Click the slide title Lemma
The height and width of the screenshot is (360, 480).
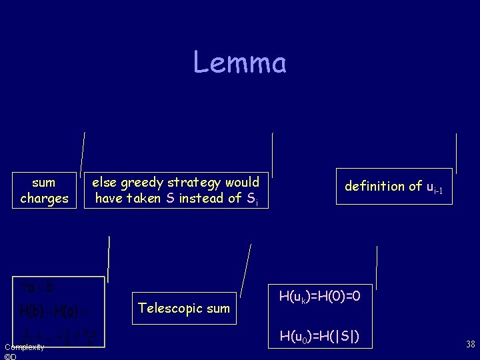tap(240, 63)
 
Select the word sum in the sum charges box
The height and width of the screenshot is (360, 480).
tap(44, 182)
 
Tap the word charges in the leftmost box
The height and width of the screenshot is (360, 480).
tap(44, 198)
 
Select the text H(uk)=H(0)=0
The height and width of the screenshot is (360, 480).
tap(320, 295)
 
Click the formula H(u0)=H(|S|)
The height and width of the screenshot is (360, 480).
tap(320, 336)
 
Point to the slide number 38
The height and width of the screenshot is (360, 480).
tap(470, 345)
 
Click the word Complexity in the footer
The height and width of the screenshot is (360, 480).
tap(25, 347)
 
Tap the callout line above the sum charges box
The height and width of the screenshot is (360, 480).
tap(82, 153)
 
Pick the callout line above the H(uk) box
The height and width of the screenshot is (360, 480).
tap(377, 267)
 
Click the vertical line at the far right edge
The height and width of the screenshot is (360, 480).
tap(456, 153)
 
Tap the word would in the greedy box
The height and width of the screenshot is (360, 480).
tap(242, 182)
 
